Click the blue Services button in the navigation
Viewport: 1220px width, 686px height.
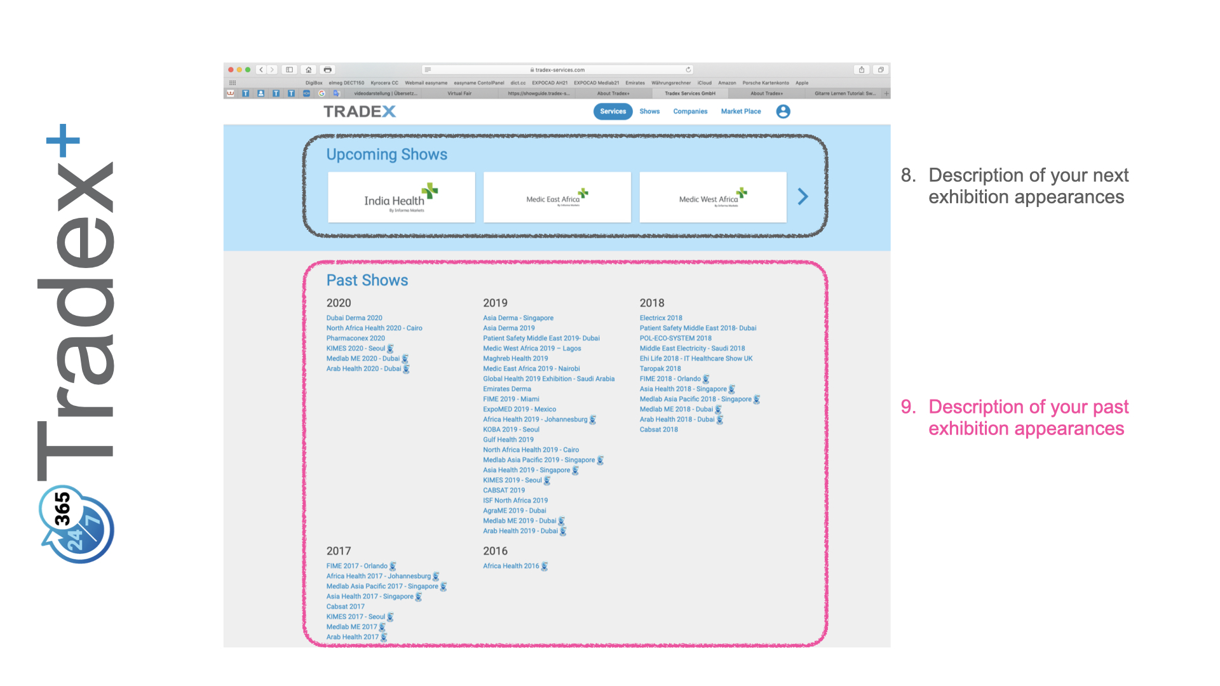613,111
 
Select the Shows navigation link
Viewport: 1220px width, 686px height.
649,111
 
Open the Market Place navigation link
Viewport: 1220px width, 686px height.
740,111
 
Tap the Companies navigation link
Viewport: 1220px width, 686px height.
690,111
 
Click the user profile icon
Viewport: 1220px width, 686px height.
783,111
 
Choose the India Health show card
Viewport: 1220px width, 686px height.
401,198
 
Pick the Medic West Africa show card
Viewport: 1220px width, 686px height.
712,198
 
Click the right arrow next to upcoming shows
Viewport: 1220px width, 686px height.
803,197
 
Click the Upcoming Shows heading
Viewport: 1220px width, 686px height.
386,154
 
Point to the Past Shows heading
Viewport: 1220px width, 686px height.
367,280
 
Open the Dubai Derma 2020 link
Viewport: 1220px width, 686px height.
354,318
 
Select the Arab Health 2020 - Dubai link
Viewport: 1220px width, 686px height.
363,369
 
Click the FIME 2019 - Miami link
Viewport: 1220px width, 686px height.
511,400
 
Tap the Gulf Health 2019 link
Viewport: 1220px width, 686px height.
508,440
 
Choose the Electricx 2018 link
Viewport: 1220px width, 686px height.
660,318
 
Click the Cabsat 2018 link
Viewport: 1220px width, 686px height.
658,430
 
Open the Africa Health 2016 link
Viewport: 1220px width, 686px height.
510,566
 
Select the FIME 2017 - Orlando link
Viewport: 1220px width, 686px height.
356,566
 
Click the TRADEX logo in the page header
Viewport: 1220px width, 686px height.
359,112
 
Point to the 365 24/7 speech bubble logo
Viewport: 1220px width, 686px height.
76,524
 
